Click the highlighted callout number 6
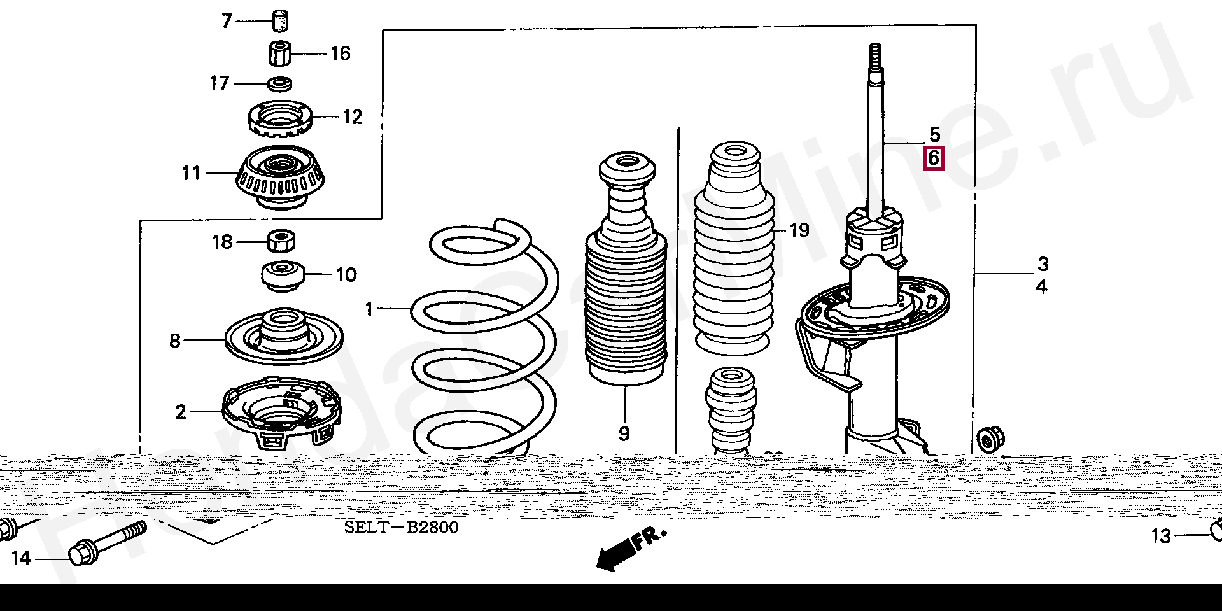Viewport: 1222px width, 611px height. pyautogui.click(x=934, y=158)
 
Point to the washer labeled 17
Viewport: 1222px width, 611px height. pyautogui.click(x=279, y=83)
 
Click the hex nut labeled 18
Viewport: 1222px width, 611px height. pyautogui.click(x=280, y=241)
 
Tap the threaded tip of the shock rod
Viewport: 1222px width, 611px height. pyautogui.click(x=874, y=54)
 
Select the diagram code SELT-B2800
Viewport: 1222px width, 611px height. pyautogui.click(x=401, y=528)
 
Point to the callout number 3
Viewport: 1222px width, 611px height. pyautogui.click(x=1043, y=263)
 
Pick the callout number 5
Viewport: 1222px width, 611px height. pyautogui.click(x=934, y=134)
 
